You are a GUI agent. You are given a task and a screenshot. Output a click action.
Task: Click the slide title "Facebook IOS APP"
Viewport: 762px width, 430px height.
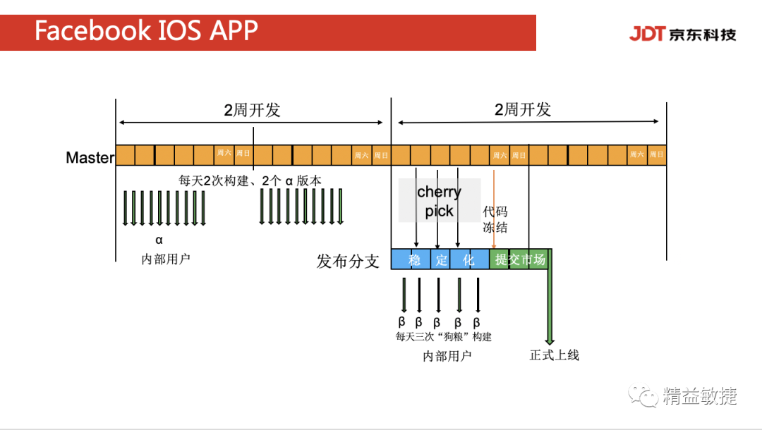click(x=146, y=31)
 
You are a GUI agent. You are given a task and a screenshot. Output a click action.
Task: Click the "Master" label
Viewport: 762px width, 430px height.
click(x=90, y=157)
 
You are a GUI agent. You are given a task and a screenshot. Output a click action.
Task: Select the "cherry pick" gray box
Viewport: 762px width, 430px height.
click(x=439, y=201)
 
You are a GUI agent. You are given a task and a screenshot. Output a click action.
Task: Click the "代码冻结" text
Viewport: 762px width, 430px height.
click(x=495, y=219)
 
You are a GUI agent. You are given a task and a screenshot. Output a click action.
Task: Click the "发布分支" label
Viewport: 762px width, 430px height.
click(x=348, y=262)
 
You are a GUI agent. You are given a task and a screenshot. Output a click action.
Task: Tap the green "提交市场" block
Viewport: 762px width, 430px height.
click(x=520, y=259)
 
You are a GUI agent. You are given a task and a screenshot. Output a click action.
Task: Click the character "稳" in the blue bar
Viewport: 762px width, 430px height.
click(x=414, y=259)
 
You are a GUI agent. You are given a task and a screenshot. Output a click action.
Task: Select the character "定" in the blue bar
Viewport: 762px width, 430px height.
click(x=441, y=259)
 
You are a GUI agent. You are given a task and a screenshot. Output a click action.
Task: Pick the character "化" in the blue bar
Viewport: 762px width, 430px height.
click(x=468, y=259)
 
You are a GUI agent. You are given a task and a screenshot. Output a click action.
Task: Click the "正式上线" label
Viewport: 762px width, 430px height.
click(x=554, y=355)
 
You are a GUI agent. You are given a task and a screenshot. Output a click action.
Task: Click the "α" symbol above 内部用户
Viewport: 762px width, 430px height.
click(x=159, y=240)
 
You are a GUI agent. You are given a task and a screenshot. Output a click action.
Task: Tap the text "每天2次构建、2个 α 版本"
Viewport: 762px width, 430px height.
click(x=250, y=180)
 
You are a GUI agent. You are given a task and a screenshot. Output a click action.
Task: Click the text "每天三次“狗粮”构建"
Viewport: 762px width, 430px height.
click(x=443, y=336)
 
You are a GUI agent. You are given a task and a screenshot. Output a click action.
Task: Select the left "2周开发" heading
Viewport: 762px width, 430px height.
click(x=252, y=110)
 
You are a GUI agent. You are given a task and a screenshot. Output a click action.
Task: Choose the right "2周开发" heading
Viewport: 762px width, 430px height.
click(x=523, y=110)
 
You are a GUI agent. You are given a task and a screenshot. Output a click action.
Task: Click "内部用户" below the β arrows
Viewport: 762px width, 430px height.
click(x=447, y=356)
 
